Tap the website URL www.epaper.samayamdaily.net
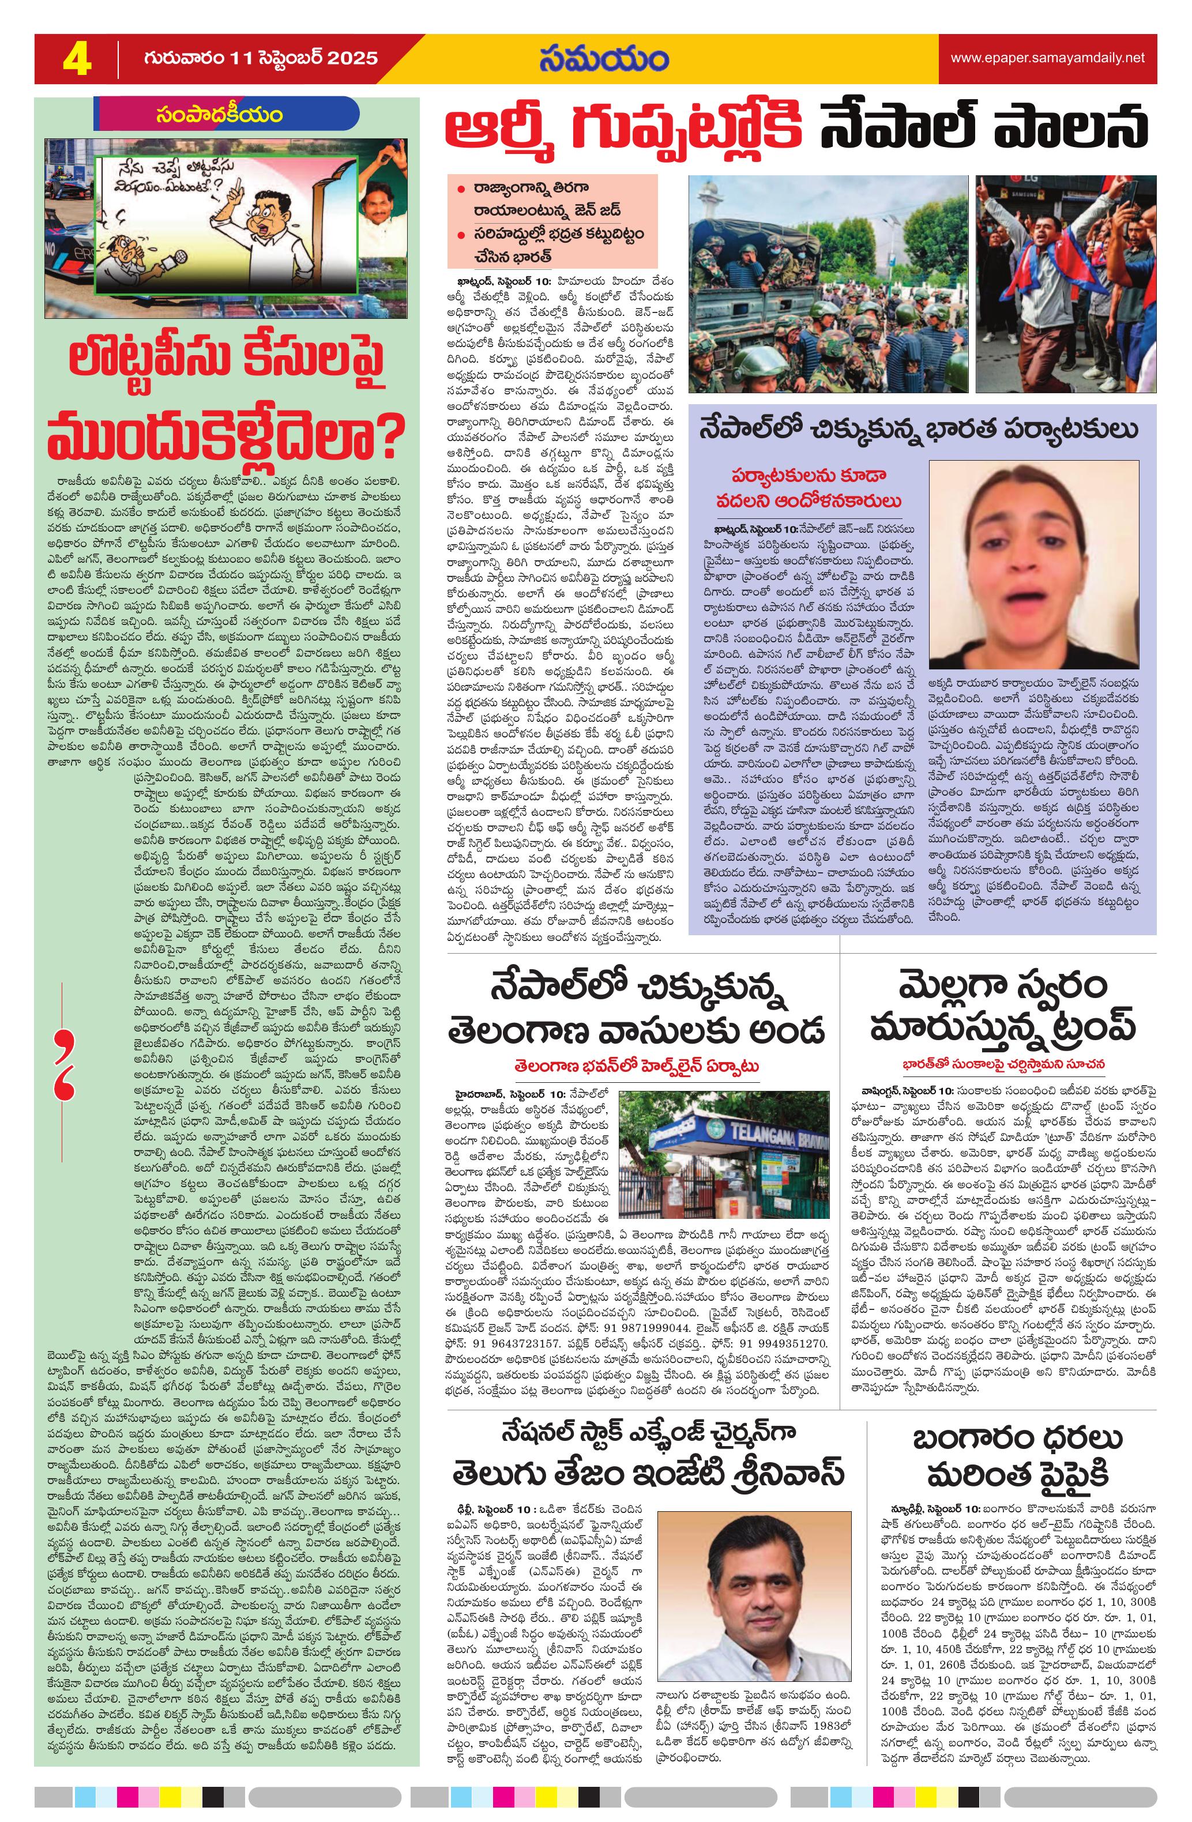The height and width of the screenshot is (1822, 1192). click(x=1047, y=58)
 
